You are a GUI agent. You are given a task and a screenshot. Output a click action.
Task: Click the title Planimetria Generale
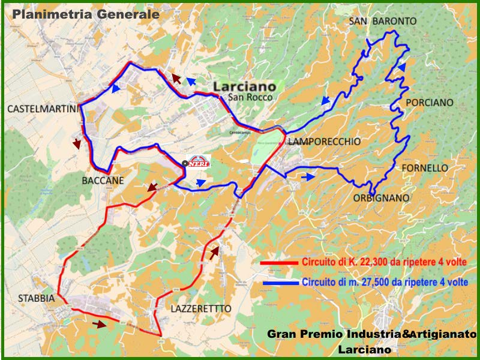(86, 14)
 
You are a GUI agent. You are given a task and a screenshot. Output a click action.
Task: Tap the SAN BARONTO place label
(382, 22)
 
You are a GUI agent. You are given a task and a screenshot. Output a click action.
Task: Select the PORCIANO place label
(430, 103)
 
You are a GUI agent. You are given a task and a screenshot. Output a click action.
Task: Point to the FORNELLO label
(424, 168)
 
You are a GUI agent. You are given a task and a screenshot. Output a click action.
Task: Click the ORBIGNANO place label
(381, 197)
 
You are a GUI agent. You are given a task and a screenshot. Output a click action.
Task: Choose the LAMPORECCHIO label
(324, 142)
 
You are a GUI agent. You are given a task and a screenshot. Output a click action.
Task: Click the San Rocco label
(250, 97)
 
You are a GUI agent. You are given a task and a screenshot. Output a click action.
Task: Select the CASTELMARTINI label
(43, 109)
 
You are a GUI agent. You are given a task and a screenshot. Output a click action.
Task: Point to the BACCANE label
(103, 180)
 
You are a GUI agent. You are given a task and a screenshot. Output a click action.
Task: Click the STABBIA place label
(35, 298)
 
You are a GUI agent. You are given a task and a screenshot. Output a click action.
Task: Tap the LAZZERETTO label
(200, 308)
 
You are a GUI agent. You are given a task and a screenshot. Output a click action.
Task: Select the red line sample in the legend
(279, 263)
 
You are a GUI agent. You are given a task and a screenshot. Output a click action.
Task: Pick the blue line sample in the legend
(279, 282)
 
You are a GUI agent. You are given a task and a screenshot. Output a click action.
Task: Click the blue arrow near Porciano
(401, 67)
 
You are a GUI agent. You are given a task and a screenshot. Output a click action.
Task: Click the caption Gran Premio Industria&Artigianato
(371, 334)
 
